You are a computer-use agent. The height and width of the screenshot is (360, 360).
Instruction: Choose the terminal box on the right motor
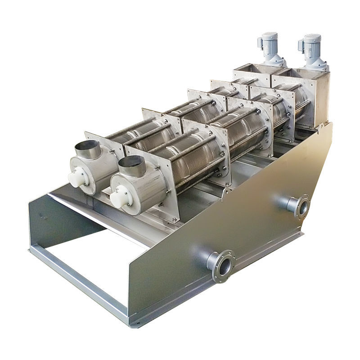click(301, 45)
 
